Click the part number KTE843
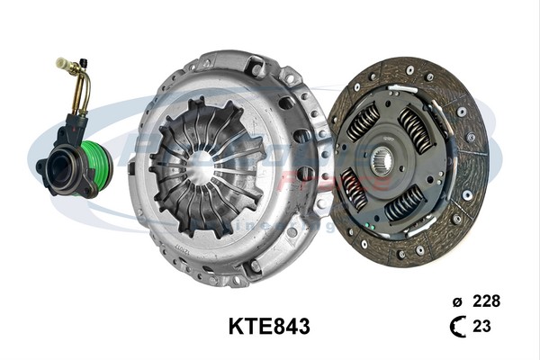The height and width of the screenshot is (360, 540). click(x=269, y=327)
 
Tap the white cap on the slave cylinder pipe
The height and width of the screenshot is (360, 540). click(x=62, y=64)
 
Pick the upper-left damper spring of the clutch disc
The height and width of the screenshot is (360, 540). click(x=364, y=122)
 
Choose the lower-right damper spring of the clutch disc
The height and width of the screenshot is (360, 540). click(x=404, y=204)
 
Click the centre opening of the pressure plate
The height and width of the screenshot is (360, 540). click(x=203, y=167)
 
